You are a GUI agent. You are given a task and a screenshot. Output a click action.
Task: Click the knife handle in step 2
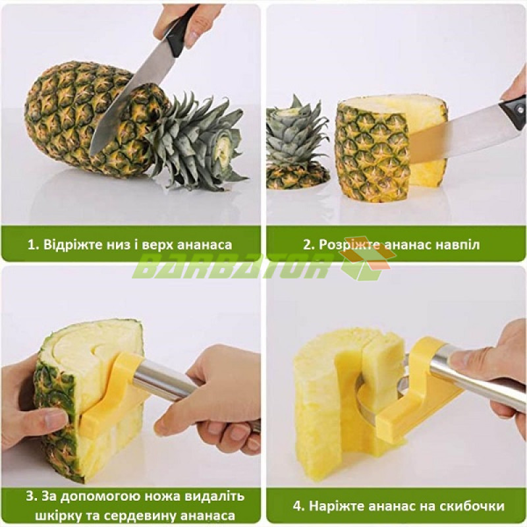click(x=514, y=110)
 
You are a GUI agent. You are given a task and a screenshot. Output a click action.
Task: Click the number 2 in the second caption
click(x=308, y=244)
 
